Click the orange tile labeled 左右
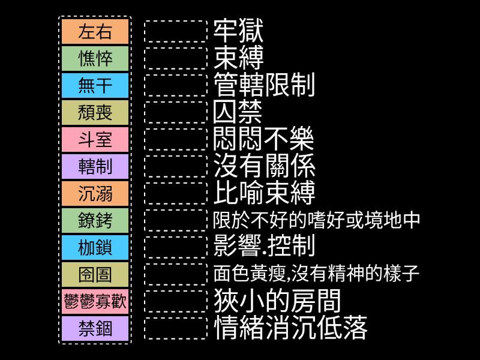click(x=95, y=32)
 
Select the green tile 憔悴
click(x=95, y=58)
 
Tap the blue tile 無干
click(x=95, y=85)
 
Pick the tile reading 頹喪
click(x=95, y=112)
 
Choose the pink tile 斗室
click(x=95, y=139)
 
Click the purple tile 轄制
click(x=95, y=166)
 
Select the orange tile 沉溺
click(x=95, y=193)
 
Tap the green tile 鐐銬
click(x=95, y=220)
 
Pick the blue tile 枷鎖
click(x=95, y=247)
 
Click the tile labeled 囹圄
click(x=95, y=274)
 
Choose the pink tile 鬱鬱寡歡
click(x=95, y=301)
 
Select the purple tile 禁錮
click(x=95, y=328)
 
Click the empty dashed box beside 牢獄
click(x=176, y=32)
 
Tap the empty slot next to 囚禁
click(x=176, y=112)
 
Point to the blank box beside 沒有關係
click(x=176, y=166)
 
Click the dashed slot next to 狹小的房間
click(x=176, y=301)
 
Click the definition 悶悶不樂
click(x=263, y=139)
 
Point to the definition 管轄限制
click(x=264, y=85)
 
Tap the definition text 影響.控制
click(x=264, y=246)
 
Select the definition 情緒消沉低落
click(x=290, y=328)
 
